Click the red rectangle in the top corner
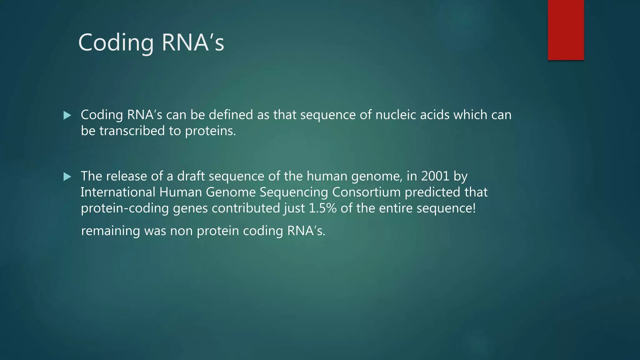[566, 30]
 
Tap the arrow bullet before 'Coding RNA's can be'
[67, 116]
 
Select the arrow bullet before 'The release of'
[67, 177]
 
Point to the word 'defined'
[231, 115]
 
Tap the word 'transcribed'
[132, 131]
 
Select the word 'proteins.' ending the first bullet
[210, 131]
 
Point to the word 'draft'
[191, 176]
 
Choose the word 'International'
[118, 192]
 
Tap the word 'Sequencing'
[294, 192]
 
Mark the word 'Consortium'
[366, 192]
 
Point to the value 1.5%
[322, 208]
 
